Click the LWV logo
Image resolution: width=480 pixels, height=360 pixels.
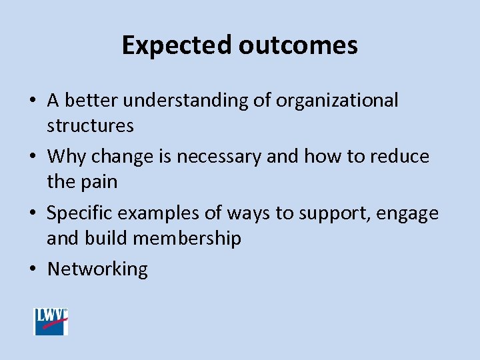[x=51, y=321]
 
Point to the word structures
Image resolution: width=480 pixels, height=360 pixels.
[x=90, y=125]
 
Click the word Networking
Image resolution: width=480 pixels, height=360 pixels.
[x=97, y=269]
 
